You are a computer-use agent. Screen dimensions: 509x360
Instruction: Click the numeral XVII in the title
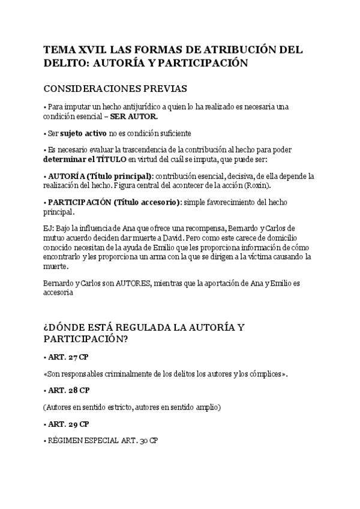tap(88, 49)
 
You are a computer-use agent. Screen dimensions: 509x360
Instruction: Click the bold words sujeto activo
tap(83, 133)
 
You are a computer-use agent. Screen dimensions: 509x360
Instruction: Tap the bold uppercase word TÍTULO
tap(110, 160)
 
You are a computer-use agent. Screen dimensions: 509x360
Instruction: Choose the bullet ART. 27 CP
tap(68, 357)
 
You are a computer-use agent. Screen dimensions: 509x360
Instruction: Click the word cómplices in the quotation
tap(263, 374)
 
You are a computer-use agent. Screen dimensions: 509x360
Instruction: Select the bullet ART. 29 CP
tap(68, 424)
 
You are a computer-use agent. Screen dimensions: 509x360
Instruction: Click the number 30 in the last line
tap(143, 441)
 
